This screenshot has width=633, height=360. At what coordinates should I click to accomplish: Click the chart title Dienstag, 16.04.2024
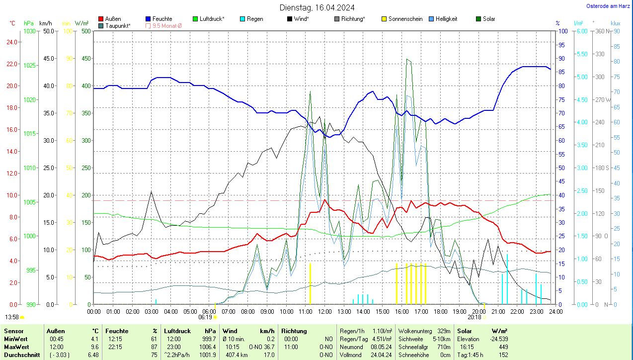point(317,7)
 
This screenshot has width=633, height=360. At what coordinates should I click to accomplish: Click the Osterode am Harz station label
point(608,6)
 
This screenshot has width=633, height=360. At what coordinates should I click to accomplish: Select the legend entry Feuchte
point(162,19)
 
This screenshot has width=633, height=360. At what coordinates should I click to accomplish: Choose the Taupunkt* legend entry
point(118,25)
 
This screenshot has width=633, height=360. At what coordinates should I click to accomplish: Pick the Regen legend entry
point(255,19)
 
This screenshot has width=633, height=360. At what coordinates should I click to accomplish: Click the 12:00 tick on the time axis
point(325,312)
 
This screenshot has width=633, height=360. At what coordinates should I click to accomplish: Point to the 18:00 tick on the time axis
point(440,312)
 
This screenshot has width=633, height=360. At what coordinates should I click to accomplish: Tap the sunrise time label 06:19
point(205,317)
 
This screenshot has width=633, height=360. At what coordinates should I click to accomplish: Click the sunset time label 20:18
point(475,317)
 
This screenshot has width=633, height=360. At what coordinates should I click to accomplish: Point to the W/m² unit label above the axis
point(82,23)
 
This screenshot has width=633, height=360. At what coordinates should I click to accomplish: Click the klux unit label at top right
point(616,23)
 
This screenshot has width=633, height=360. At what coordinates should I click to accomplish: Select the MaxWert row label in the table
point(16,347)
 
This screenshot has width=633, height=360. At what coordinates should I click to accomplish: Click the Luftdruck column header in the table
point(177,331)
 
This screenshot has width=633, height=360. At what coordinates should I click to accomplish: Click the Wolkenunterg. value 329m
point(444,331)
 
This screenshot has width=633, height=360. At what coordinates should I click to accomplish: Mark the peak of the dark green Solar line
point(407,59)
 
